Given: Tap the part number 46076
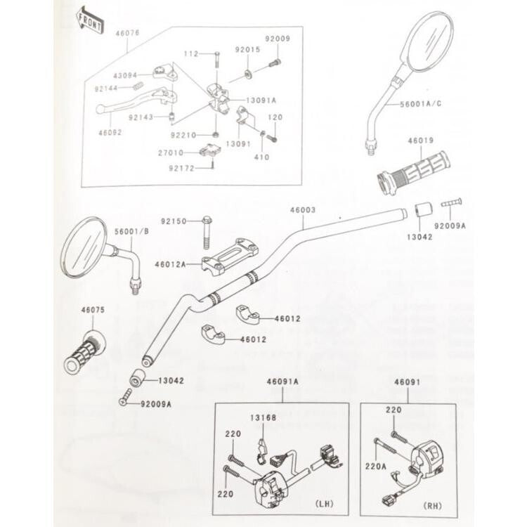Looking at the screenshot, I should click(128, 32).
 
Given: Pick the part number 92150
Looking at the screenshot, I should click(173, 221).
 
